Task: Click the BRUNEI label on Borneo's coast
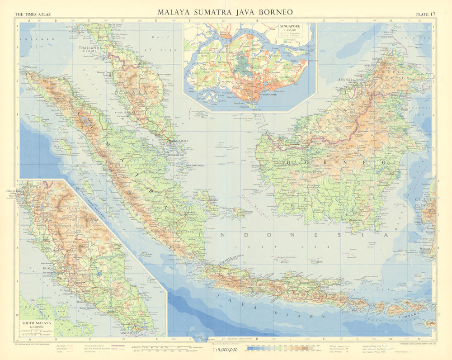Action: [x=345, y=79]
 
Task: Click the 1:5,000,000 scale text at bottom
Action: [x=225, y=350]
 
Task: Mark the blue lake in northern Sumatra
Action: [x=85, y=120]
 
